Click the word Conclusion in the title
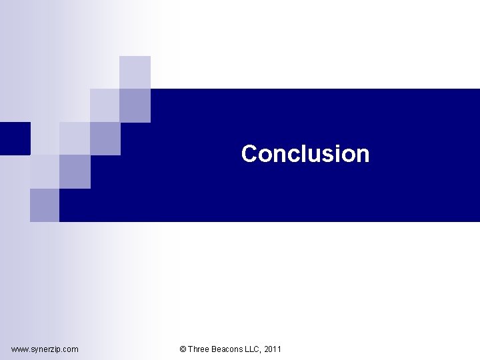[x=305, y=154]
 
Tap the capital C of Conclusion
[x=250, y=154]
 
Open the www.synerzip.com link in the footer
[x=45, y=349]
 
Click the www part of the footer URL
[x=19, y=349]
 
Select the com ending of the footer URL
[x=71, y=349]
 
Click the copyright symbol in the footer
[x=183, y=349]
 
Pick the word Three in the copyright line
[x=198, y=349]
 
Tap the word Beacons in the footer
[x=227, y=349]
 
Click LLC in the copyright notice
[x=253, y=349]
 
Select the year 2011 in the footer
[x=273, y=349]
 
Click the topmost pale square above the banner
[x=135, y=72]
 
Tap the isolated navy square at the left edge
[x=15, y=138]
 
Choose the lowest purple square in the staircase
[x=45, y=205]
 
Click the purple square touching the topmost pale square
[x=135, y=105]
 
